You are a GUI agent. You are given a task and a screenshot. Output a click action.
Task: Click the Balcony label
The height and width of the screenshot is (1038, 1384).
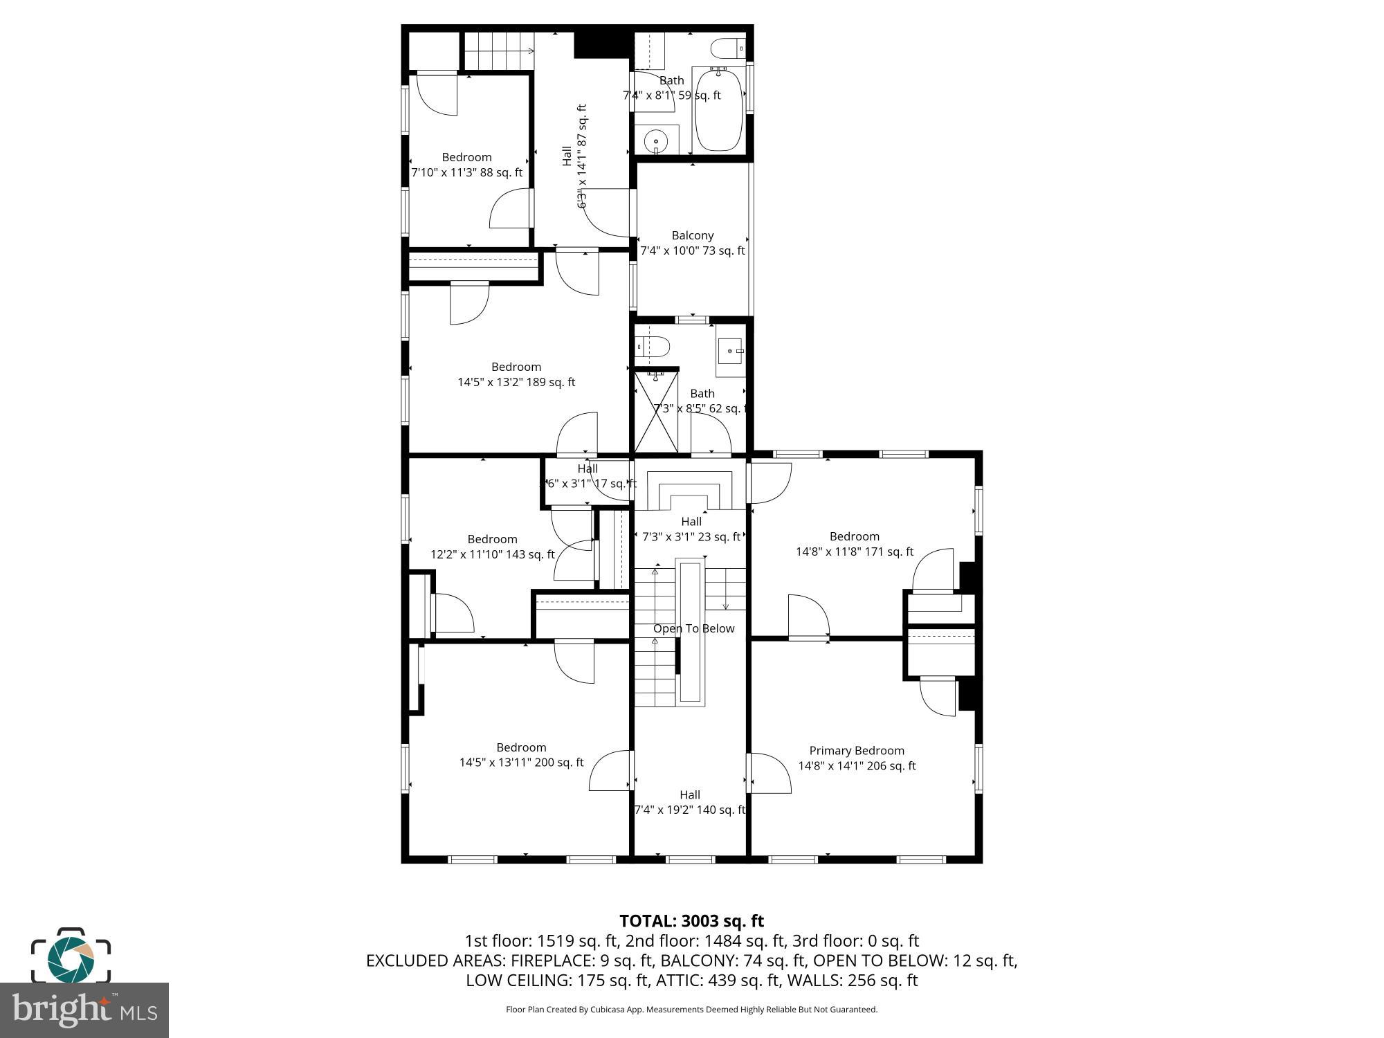click(692, 235)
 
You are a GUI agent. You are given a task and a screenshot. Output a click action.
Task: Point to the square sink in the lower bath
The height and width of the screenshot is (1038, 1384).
click(730, 352)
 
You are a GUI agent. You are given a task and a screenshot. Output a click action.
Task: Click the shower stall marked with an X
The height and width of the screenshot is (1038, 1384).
click(655, 412)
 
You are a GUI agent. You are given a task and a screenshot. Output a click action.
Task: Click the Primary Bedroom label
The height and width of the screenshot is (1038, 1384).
click(857, 750)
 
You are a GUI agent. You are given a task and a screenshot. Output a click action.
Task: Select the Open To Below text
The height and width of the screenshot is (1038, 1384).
click(693, 628)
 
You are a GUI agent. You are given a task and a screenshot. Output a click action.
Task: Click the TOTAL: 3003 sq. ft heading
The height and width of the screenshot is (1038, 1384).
click(691, 921)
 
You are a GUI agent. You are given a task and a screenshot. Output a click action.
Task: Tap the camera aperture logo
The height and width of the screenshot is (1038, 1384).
click(71, 958)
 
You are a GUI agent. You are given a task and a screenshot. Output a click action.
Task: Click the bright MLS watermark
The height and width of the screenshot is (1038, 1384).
click(84, 1010)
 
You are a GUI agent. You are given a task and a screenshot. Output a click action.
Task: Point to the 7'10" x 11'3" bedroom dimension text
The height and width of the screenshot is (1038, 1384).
click(467, 172)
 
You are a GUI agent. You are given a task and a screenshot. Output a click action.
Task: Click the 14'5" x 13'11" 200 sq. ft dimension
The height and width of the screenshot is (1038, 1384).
click(521, 763)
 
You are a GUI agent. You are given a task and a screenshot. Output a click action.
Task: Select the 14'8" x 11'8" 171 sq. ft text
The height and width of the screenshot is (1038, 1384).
click(854, 552)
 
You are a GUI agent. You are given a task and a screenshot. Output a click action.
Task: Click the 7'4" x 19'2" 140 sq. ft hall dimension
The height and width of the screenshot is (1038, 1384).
click(690, 810)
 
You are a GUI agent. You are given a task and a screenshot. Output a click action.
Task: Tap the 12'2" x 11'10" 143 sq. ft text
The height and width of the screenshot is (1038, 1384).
click(492, 554)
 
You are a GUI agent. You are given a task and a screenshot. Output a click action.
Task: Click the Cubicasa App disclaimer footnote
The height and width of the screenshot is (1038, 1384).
click(691, 1010)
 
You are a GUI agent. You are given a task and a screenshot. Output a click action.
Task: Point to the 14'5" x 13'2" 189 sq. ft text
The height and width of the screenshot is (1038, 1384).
click(516, 382)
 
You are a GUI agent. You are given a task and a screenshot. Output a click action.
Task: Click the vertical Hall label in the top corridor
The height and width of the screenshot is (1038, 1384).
click(567, 156)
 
